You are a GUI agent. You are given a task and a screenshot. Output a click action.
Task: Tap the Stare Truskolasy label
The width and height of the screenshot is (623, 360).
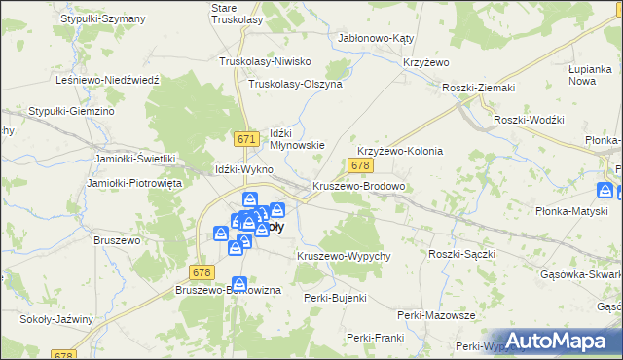pyautogui.click(x=237, y=13)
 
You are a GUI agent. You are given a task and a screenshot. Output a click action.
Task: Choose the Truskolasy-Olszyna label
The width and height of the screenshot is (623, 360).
pyautogui.click(x=295, y=84)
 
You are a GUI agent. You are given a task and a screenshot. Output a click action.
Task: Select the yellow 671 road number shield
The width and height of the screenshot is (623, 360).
pyautogui.click(x=246, y=140)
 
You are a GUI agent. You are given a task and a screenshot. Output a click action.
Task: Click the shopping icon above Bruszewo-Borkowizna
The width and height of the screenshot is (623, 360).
pyautogui.click(x=238, y=283)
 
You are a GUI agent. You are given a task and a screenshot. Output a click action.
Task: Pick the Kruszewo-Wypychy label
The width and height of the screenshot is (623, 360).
pyautogui.click(x=344, y=256)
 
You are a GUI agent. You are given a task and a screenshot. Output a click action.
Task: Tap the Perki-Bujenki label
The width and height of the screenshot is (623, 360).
pyautogui.click(x=335, y=298)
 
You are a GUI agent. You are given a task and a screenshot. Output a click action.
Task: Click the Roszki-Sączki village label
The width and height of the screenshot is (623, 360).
pyautogui.click(x=462, y=253)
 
